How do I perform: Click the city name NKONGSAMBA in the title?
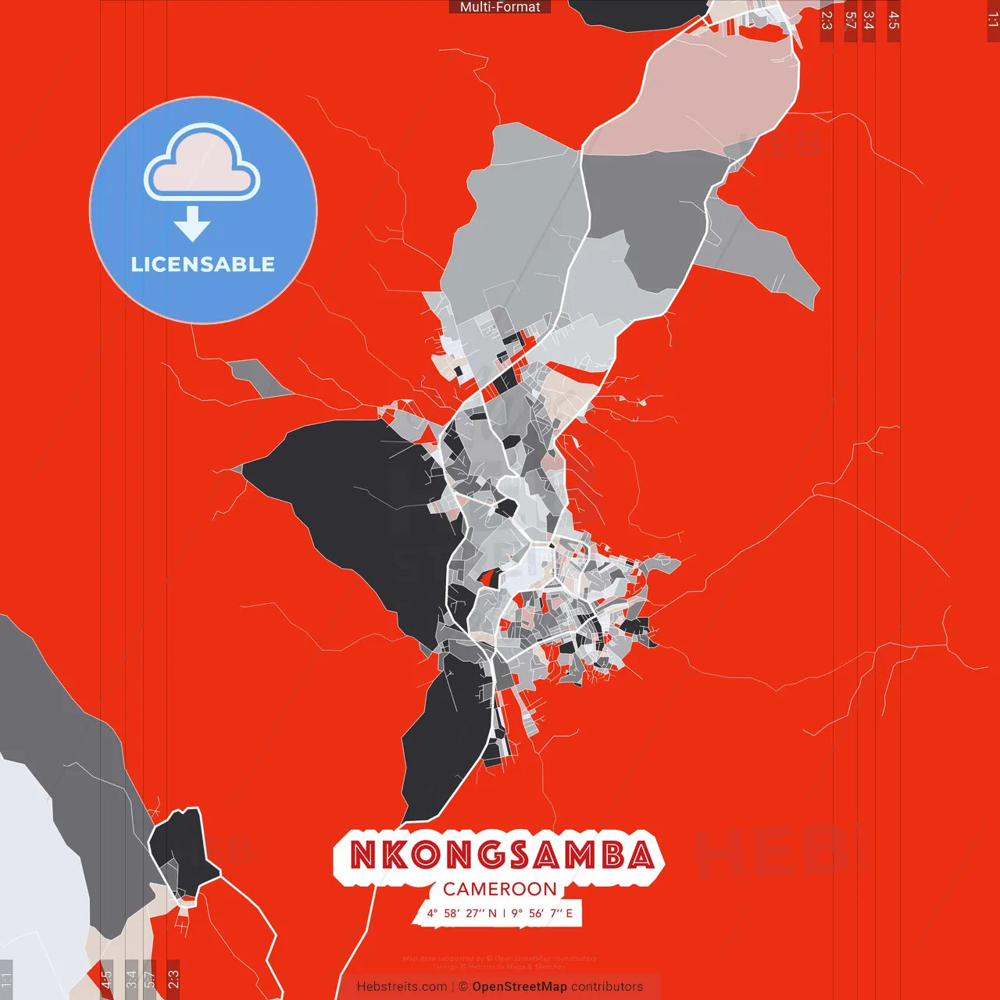click(x=501, y=855)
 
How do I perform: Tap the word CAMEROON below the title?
click(x=500, y=889)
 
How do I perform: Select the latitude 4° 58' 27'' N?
click(x=461, y=913)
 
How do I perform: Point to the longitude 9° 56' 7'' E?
click(x=542, y=913)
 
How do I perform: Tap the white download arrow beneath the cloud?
click(x=192, y=224)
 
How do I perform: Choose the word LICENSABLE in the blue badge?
click(x=203, y=264)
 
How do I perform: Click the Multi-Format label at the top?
click(x=500, y=7)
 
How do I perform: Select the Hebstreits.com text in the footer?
click(x=402, y=987)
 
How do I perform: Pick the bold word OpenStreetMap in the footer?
click(x=520, y=987)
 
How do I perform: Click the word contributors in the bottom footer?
click(x=607, y=987)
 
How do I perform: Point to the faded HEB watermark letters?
click(x=770, y=852)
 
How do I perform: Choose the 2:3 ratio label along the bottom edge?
click(x=173, y=979)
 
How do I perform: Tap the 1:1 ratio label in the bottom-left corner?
click(x=6, y=980)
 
